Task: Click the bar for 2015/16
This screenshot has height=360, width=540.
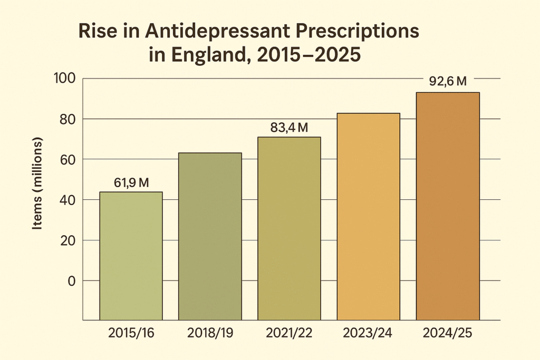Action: click(x=131, y=256)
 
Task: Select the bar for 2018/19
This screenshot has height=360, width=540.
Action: click(x=210, y=236)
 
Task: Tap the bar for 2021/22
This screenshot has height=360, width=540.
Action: click(x=289, y=228)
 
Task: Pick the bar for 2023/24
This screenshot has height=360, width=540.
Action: click(x=368, y=216)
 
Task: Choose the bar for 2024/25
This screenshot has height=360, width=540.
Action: click(x=448, y=206)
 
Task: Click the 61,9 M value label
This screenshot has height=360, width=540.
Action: click(x=131, y=183)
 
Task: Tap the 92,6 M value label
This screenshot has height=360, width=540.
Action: click(x=448, y=82)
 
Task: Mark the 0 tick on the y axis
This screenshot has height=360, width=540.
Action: click(x=71, y=281)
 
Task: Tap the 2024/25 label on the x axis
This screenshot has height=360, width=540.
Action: click(x=448, y=334)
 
